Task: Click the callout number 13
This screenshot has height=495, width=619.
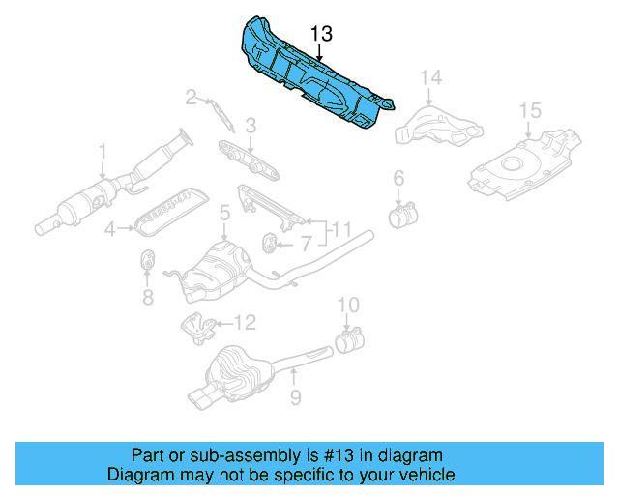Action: point(322,33)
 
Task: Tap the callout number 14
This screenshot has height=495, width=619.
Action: point(430,76)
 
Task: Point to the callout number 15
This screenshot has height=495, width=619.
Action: point(529,111)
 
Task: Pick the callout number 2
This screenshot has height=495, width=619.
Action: point(192,96)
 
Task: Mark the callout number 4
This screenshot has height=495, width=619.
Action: point(110,229)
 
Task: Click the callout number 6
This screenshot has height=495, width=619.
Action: point(397,177)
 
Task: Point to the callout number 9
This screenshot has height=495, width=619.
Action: point(296,397)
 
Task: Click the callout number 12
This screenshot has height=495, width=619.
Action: point(245,322)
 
